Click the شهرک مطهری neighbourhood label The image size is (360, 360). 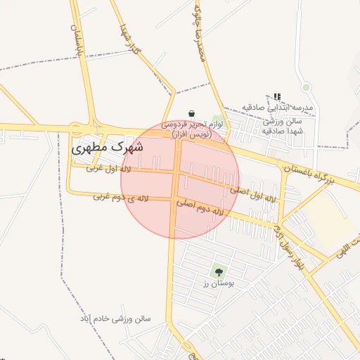click(108, 148)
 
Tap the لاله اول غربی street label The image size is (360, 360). click(109, 169)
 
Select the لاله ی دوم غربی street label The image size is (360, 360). click(122, 198)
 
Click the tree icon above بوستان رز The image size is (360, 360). click(218, 271)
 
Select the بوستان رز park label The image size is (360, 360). click(218, 283)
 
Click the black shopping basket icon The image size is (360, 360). click(191, 113)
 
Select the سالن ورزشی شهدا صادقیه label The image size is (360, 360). click(281, 126)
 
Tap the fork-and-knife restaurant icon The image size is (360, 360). click(277, 97)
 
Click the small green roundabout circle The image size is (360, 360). click(306, 87)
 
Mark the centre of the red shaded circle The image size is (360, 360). click(180, 180)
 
